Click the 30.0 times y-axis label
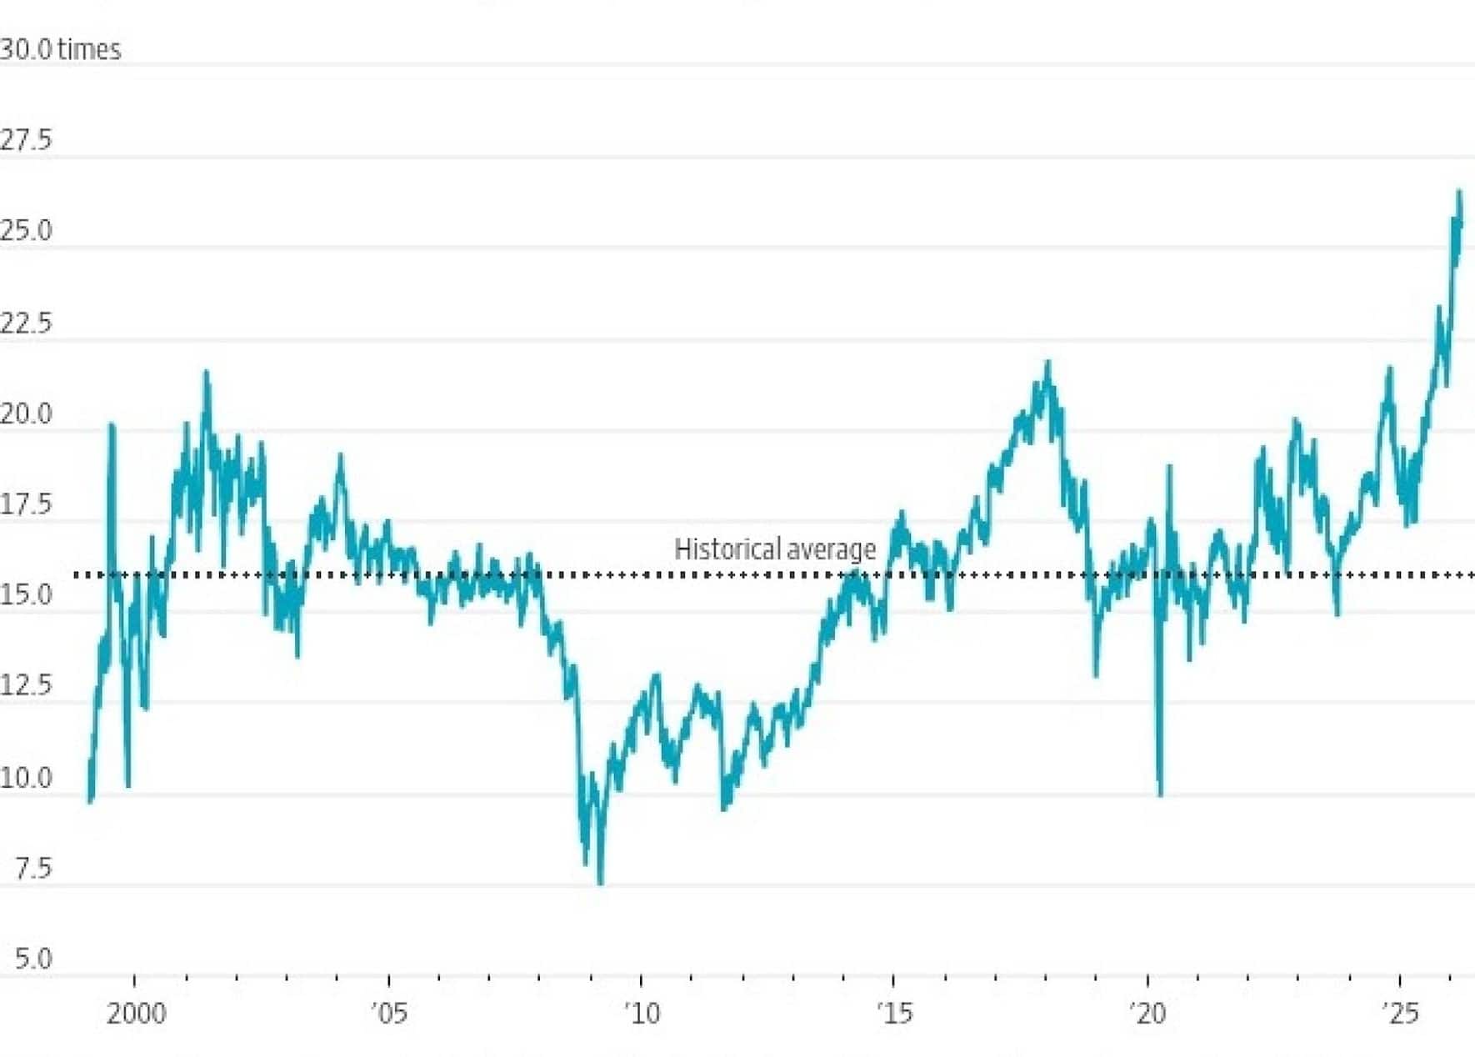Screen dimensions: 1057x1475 coord(60,50)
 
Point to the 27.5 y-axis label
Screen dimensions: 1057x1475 coord(26,140)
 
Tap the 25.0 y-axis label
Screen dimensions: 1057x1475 coord(26,231)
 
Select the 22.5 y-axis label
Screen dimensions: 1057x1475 coord(26,323)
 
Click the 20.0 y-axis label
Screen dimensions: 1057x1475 coord(26,413)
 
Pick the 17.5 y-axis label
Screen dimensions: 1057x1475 coord(26,504)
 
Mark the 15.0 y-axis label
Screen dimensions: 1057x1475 coord(26,595)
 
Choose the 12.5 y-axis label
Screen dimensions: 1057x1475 coord(26,686)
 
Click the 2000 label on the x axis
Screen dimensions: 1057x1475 coord(136,1014)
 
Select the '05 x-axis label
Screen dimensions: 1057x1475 coord(389,1014)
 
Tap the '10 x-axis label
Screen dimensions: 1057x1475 coord(642,1014)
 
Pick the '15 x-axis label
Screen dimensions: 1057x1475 coord(894,1014)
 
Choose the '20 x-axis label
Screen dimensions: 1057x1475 coord(1148,1014)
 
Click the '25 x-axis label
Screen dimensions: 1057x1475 coord(1400,1014)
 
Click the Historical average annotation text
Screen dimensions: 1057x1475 coord(775,549)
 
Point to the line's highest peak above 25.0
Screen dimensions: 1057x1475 coord(1459,192)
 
